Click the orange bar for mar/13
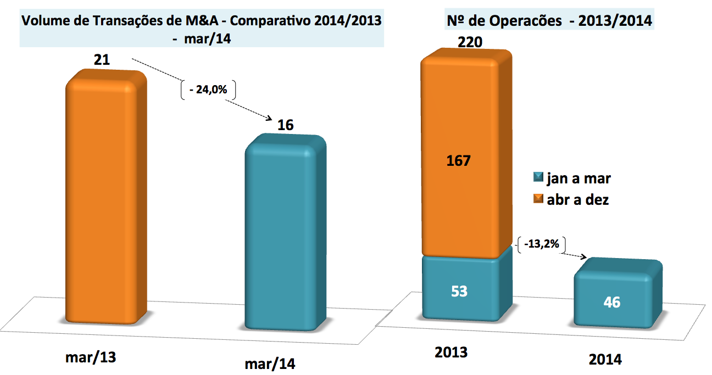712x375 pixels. click(106, 198)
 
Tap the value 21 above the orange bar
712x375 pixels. click(102, 59)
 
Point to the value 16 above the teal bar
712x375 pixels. click(286, 125)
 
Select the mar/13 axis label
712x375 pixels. click(92, 357)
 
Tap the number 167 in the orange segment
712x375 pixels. click(459, 161)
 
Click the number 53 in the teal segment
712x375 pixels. click(459, 291)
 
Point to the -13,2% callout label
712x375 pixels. click(542, 244)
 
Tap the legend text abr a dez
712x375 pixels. click(578, 200)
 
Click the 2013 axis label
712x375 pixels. click(452, 352)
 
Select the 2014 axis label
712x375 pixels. click(605, 360)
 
